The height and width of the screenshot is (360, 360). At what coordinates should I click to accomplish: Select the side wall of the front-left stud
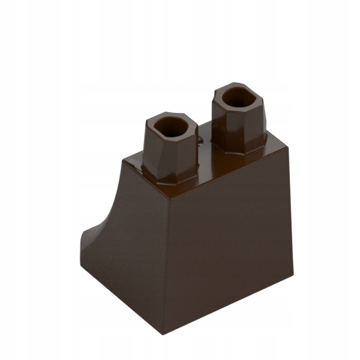point(170,154)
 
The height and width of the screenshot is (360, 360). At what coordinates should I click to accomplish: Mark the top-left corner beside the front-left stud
point(122,160)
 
